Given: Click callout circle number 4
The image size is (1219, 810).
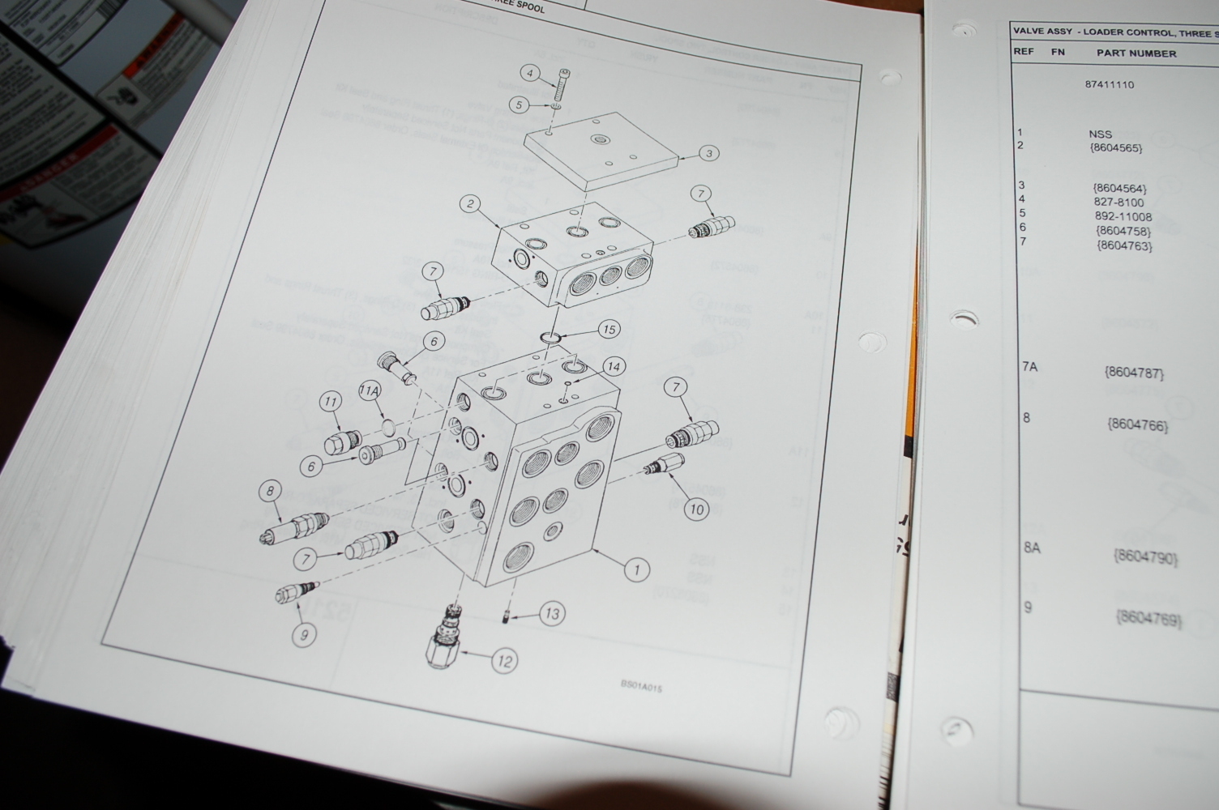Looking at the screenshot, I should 530,74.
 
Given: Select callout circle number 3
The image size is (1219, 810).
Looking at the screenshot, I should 708,153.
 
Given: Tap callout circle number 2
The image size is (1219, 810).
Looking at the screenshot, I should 470,203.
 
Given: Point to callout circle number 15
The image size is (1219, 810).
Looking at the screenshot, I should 608,329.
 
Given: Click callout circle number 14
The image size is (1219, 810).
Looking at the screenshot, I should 614,367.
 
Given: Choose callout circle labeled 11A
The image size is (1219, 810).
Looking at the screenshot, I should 370,392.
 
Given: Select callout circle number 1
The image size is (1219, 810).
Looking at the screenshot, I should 636,569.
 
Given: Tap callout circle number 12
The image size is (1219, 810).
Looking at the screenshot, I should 504,662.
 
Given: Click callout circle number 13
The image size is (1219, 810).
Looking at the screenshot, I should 552,613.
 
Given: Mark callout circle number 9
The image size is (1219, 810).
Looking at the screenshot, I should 304,634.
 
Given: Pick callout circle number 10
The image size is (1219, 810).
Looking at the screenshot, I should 695,509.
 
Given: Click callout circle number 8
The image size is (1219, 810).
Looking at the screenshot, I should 270,491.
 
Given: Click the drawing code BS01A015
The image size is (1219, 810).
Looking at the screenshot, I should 641,687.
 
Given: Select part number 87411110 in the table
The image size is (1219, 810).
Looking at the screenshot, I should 1110,85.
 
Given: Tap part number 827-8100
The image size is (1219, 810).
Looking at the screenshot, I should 1118,202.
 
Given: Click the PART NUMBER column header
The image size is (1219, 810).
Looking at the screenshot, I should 1136,53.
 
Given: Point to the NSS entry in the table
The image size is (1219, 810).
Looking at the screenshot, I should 1100,134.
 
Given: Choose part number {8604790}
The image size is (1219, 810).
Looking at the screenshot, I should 1145,556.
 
